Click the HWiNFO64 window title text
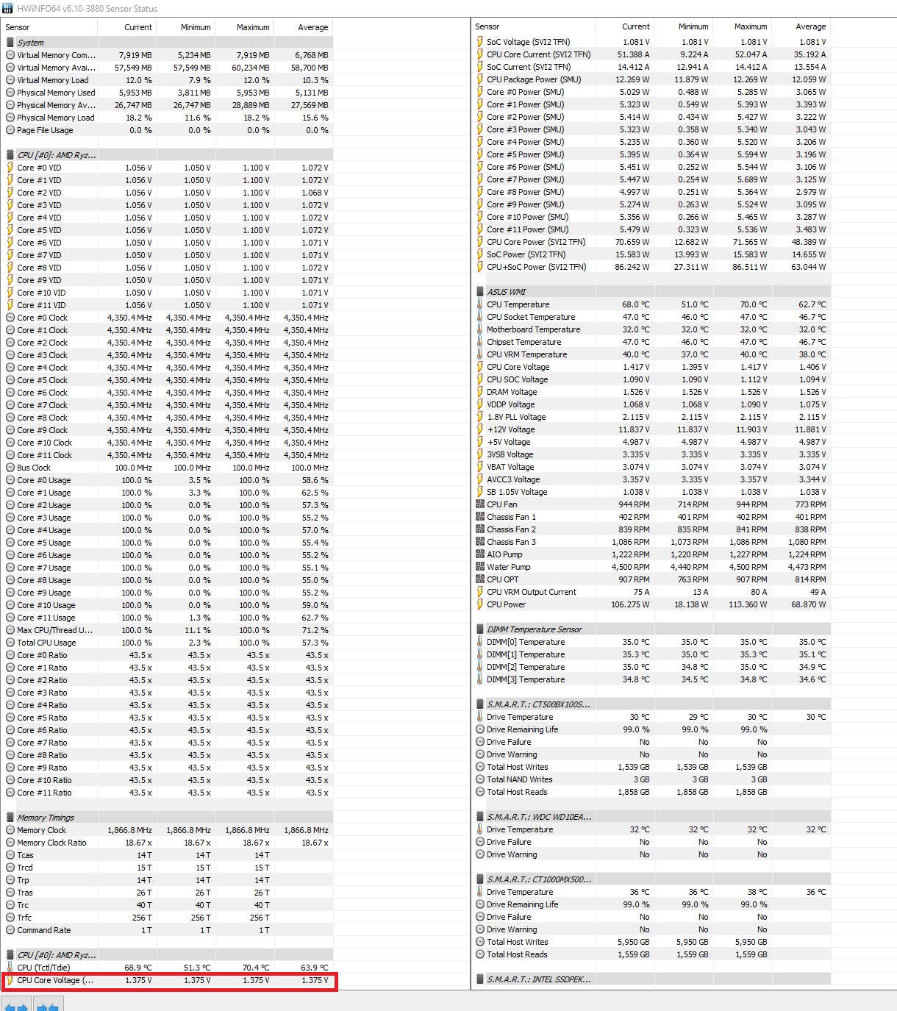point(87,9)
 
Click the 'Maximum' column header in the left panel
point(252,27)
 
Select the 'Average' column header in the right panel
point(810,26)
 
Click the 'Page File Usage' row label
point(45,130)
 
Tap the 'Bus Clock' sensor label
point(34,468)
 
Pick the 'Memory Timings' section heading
point(46,818)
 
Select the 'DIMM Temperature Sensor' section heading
point(534,629)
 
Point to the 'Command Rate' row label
point(44,930)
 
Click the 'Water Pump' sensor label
point(508,567)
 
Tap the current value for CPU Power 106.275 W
point(630,604)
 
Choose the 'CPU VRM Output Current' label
point(531,592)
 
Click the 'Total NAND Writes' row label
point(519,779)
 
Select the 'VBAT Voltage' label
point(510,467)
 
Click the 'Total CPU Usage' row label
point(46,643)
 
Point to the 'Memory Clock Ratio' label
point(51,843)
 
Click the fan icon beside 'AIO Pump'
point(479,554)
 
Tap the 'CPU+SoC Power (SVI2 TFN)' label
point(536,267)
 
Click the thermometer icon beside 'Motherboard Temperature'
point(479,329)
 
